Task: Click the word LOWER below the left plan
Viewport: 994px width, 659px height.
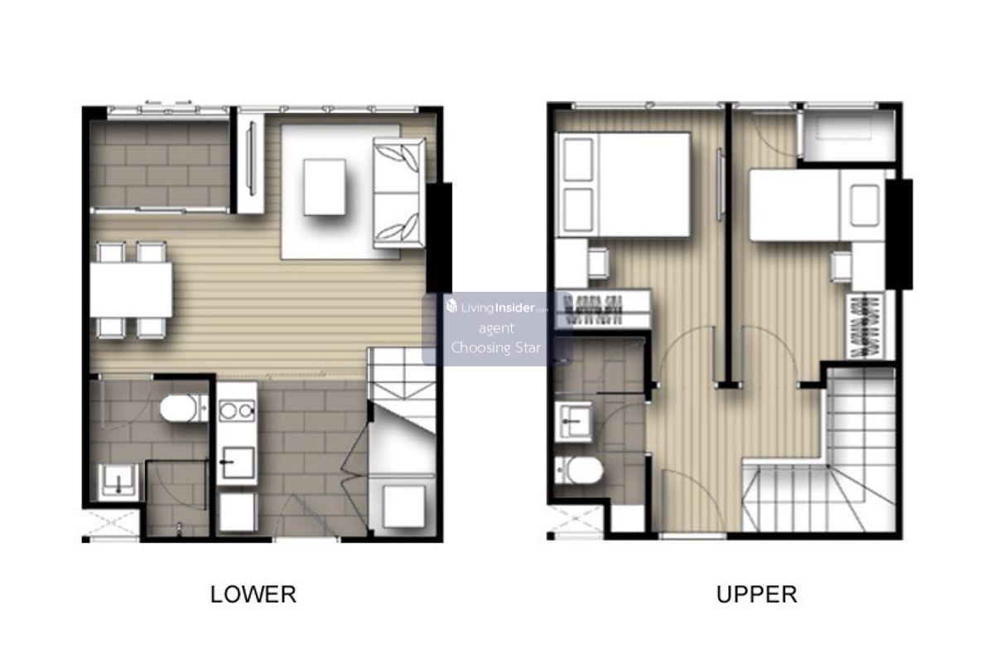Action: [253, 594]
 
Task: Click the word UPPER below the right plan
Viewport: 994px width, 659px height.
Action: [756, 594]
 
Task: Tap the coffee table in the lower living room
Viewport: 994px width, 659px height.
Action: [325, 187]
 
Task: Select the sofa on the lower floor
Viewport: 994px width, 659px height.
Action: [399, 192]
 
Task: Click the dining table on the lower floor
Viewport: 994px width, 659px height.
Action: [132, 289]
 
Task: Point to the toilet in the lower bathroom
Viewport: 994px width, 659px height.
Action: [184, 408]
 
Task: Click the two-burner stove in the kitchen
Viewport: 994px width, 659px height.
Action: [237, 411]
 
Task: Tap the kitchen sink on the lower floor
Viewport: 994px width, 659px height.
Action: [238, 463]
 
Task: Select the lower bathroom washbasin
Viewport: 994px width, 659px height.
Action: [118, 481]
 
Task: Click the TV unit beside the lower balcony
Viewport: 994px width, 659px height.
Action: [251, 163]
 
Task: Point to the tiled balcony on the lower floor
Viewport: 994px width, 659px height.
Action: [160, 164]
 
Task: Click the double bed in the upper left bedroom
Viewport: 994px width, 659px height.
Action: [623, 184]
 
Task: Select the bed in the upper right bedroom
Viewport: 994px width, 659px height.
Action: [818, 206]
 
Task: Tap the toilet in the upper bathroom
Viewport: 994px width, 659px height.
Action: [579, 470]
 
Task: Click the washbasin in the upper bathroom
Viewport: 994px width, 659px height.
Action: [574, 421]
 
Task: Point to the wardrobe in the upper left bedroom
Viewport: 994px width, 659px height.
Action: [604, 309]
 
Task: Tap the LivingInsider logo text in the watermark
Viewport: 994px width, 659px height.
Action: [496, 307]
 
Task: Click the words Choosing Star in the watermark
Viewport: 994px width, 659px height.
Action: [496, 347]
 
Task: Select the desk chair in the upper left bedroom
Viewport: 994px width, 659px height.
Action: [599, 263]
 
